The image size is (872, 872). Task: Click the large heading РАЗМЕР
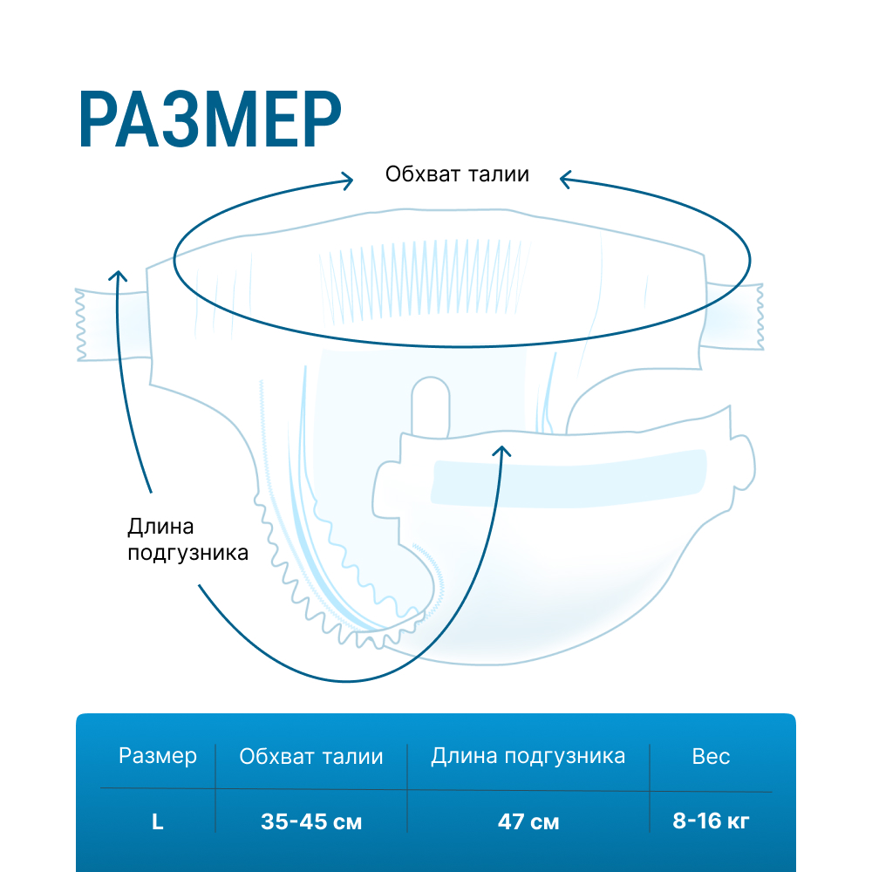click(x=209, y=119)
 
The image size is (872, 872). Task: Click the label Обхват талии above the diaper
click(x=457, y=174)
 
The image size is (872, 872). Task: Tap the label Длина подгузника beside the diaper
click(x=187, y=540)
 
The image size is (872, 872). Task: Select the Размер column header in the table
click(x=157, y=756)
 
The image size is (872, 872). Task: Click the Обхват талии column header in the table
click(x=311, y=756)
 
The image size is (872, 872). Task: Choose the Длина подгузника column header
click(x=528, y=756)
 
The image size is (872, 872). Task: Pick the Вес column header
click(x=711, y=756)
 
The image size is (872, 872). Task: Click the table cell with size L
click(x=157, y=821)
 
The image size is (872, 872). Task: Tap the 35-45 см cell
click(x=311, y=821)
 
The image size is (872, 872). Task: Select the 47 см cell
click(x=528, y=821)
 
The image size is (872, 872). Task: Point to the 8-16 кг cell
click(x=711, y=821)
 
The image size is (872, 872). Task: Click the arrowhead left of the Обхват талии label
click(x=347, y=181)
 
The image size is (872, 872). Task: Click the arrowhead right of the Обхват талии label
click(x=565, y=179)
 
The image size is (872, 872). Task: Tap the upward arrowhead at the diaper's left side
click(x=118, y=276)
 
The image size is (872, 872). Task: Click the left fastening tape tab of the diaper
click(x=112, y=324)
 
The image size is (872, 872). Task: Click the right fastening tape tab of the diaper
click(x=733, y=317)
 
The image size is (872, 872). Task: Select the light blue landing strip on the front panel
click(x=569, y=478)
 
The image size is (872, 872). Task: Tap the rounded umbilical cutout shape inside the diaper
click(x=430, y=406)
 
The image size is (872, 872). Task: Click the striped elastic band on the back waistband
click(x=425, y=282)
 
